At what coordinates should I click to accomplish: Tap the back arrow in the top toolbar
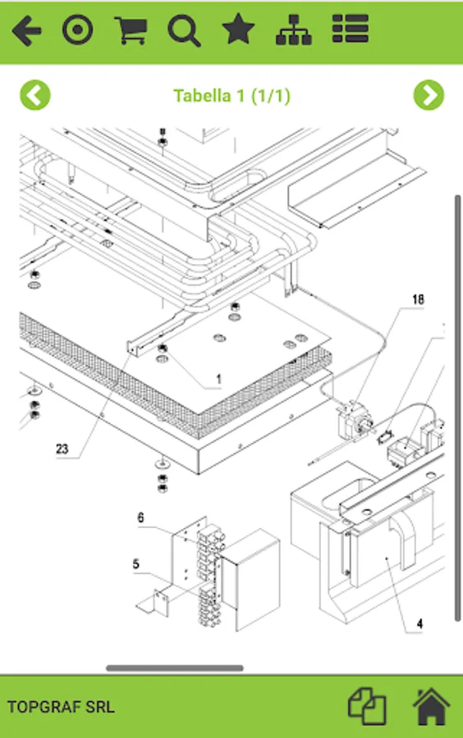(27, 30)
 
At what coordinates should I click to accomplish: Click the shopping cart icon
(131, 30)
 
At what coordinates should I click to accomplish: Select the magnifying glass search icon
(184, 30)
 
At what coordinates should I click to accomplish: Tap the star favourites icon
(238, 30)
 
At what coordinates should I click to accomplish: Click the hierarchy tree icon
(293, 30)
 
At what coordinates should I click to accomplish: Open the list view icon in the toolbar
(350, 29)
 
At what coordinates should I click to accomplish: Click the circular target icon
(78, 30)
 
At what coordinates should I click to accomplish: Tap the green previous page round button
(35, 95)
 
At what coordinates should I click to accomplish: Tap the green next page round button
(429, 95)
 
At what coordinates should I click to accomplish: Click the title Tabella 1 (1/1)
(231, 96)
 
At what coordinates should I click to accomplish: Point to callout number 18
(418, 299)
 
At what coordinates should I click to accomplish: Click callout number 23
(62, 449)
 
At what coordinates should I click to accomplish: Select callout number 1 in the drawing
(218, 379)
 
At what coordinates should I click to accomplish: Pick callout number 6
(140, 517)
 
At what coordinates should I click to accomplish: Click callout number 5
(136, 564)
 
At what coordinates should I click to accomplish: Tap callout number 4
(419, 624)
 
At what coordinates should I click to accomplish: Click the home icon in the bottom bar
(432, 707)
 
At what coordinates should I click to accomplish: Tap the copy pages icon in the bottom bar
(367, 707)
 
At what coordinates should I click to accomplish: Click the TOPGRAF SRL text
(61, 707)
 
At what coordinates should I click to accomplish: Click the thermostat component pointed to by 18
(354, 420)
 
